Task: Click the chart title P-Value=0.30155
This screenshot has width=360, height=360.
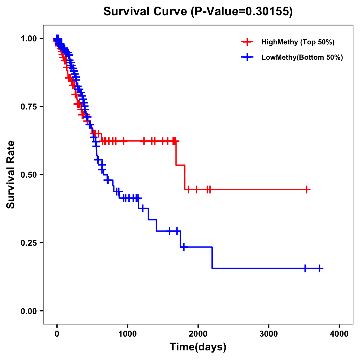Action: point(198,12)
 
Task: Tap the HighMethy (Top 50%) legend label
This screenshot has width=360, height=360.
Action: point(298,42)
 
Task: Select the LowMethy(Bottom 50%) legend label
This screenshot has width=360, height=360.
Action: point(302,57)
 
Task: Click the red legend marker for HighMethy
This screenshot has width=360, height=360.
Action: point(247,42)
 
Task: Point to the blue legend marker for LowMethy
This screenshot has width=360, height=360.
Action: point(247,57)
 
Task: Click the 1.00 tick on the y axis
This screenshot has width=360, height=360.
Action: point(29,39)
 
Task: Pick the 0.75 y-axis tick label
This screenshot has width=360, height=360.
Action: point(29,107)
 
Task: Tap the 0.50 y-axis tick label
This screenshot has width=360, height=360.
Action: point(29,175)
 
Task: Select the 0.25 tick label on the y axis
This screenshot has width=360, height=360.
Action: point(29,243)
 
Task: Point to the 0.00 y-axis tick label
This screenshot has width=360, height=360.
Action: point(29,311)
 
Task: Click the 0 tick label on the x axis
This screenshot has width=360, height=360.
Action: point(57,334)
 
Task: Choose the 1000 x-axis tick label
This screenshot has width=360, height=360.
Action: point(127,334)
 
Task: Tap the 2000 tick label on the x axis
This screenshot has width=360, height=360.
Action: point(198,334)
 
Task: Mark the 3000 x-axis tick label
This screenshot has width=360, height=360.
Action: point(268,334)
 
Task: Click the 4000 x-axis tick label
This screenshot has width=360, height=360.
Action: point(339,334)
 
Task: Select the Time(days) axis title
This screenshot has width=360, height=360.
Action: point(198,347)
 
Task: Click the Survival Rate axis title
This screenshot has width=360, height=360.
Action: point(11,175)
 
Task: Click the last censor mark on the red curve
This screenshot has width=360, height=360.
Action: point(307,190)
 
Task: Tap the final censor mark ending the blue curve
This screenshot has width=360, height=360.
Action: point(319,268)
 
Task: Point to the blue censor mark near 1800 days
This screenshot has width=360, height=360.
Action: point(184,247)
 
